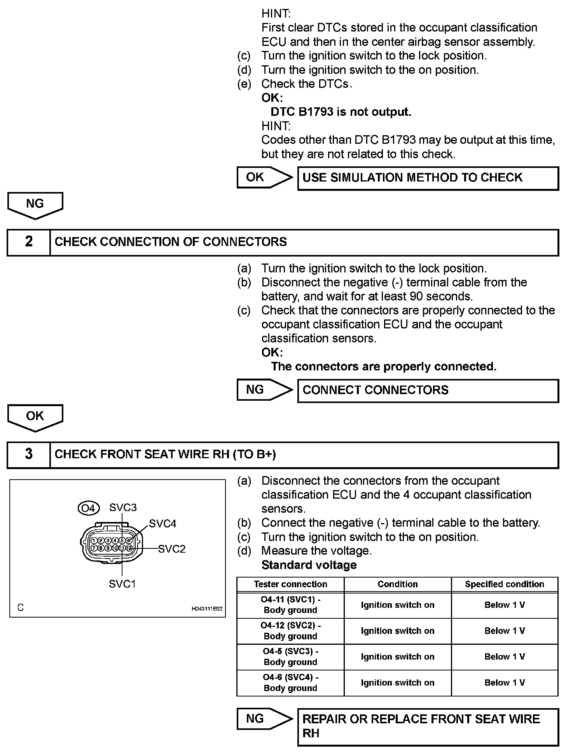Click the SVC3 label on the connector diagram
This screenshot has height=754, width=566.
(x=123, y=508)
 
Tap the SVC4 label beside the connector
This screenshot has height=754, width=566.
(x=162, y=524)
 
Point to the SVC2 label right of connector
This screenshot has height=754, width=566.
(x=172, y=549)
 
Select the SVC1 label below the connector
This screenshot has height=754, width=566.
(x=122, y=584)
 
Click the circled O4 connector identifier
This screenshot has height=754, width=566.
(x=89, y=508)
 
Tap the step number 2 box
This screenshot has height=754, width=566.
(x=29, y=242)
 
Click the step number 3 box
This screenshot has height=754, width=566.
(x=29, y=454)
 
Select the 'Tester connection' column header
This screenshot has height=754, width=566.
(x=290, y=584)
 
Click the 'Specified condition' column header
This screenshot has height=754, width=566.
(x=505, y=584)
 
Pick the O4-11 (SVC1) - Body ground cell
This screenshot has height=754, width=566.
(x=290, y=605)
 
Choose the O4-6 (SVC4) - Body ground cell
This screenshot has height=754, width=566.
(x=290, y=682)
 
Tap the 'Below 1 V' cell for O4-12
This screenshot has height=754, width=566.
(x=505, y=631)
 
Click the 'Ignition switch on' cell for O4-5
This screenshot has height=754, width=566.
(x=397, y=656)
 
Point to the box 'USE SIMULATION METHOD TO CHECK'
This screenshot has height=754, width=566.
(x=428, y=178)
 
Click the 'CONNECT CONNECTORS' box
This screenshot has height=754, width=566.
(x=428, y=390)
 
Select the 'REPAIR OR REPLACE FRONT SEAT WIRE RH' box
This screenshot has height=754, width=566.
(x=428, y=726)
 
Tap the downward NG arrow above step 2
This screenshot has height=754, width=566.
(x=35, y=204)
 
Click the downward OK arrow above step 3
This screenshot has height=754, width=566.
(x=35, y=417)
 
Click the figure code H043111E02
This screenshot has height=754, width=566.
(x=207, y=609)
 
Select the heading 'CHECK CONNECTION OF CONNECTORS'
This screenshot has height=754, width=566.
(x=171, y=242)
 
